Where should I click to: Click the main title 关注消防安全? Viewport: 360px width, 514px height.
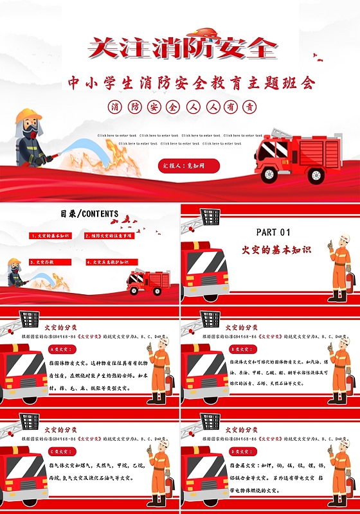tap(182, 48)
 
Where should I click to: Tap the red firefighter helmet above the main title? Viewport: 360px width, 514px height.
tap(205, 32)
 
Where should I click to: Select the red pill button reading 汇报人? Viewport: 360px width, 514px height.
tap(189, 166)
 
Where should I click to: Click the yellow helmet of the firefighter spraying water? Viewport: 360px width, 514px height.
tap(28, 116)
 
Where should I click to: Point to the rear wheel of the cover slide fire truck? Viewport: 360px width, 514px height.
tap(316, 174)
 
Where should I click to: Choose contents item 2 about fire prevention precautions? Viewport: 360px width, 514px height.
tap(110, 236)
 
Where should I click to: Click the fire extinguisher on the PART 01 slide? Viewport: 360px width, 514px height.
tap(350, 281)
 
